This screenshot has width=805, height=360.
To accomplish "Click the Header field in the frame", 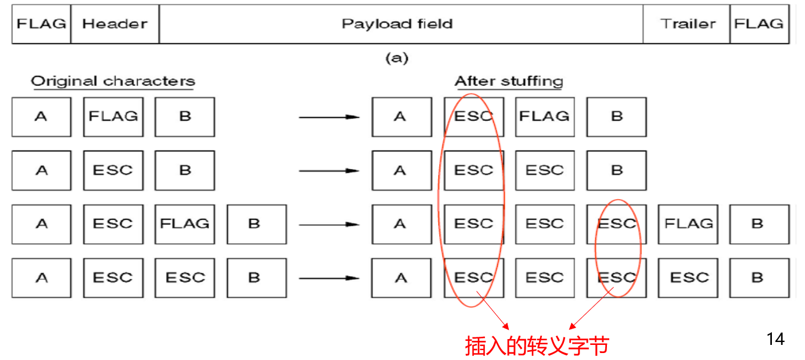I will [114, 24].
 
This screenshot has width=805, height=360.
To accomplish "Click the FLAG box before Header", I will [41, 24].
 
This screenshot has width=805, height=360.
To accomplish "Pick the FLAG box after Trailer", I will [759, 24].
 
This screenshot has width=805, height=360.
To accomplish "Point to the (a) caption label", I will [397, 58].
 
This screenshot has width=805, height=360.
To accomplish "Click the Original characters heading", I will [113, 81].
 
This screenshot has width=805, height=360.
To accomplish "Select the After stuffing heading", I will [509, 81].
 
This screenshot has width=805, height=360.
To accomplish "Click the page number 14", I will [775, 339].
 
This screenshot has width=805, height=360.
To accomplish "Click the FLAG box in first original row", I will [113, 117].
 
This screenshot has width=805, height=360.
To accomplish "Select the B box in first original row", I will [185, 117].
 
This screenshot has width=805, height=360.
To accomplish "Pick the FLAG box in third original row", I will [185, 224].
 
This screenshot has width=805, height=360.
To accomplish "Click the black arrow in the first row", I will [329, 117].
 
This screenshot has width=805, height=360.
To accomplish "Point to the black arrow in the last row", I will [329, 278].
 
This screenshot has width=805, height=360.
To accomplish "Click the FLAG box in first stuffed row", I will [544, 117].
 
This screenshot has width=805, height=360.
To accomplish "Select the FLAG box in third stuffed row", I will [688, 224].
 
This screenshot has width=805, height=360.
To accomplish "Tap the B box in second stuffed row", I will [616, 171].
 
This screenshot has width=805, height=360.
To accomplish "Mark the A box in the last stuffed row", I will [401, 278].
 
